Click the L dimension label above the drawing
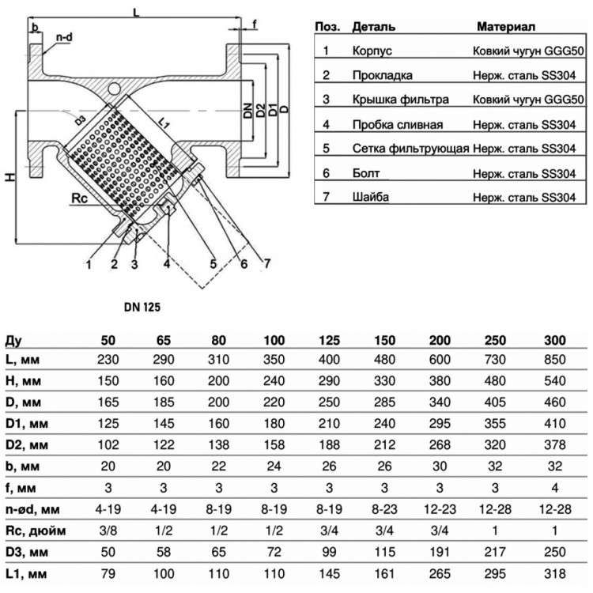tap(136, 13)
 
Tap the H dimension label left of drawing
tap(11, 176)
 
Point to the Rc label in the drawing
tap(79, 198)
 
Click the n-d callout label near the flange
tap(64, 37)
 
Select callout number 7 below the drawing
tap(267, 263)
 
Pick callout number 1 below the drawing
tap(89, 264)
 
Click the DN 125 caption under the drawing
tap(142, 307)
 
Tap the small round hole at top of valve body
tap(113, 89)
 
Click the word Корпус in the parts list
tap(372, 51)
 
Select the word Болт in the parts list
tap(366, 173)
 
